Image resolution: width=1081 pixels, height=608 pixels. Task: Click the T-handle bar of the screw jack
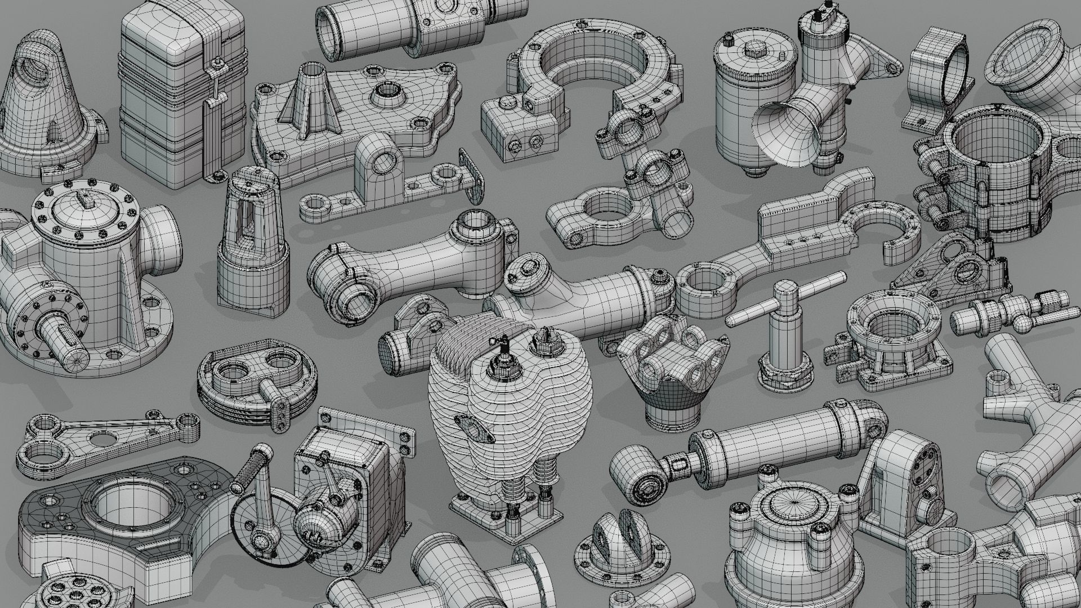click(x=785, y=299)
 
